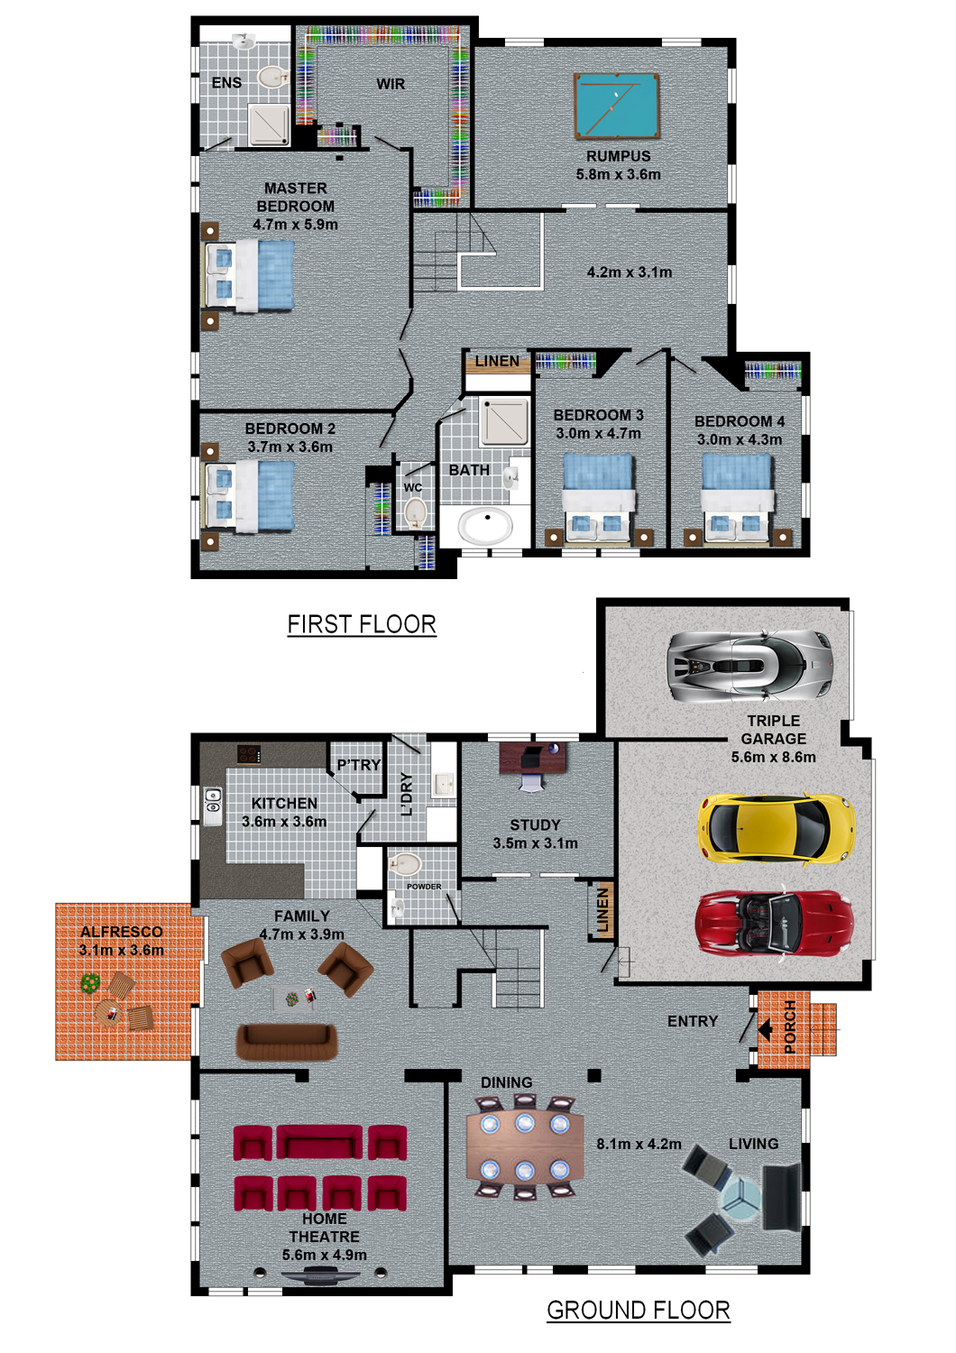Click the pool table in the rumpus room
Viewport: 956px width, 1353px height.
pos(616,106)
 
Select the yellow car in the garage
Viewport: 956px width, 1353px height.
pos(776,828)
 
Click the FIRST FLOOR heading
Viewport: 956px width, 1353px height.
pos(362,624)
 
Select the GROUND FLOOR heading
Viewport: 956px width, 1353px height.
pos(639,1310)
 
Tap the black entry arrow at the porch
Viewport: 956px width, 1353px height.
pos(765,1028)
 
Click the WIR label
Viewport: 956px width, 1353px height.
pos(391,84)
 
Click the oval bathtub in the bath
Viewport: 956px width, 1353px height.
pos(486,525)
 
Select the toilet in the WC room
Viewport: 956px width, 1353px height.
pos(415,513)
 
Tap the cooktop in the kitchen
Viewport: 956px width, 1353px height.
pos(249,754)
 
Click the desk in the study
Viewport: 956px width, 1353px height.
pos(533,758)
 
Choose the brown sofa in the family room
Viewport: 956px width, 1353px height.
pos(286,1041)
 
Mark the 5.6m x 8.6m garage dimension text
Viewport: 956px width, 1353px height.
pos(773,757)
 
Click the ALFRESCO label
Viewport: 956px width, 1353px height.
pos(122,932)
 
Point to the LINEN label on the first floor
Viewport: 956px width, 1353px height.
pos(497,361)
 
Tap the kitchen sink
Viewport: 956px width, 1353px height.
pos(213,806)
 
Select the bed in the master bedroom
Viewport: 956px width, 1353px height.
pos(249,276)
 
